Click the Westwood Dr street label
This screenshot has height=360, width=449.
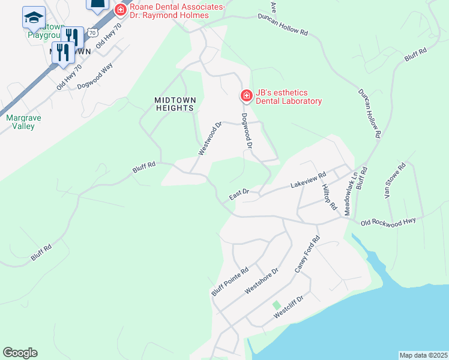[210, 138]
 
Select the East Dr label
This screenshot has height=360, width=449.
[238, 196]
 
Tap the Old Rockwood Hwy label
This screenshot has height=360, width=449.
[388, 222]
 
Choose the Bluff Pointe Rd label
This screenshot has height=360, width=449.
[229, 282]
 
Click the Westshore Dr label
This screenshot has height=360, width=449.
[262, 281]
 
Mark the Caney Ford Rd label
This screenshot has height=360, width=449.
[307, 254]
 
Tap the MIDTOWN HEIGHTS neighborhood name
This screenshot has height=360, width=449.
[174, 104]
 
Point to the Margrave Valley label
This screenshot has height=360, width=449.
[24, 122]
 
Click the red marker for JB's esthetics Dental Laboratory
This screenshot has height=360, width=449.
[246, 96]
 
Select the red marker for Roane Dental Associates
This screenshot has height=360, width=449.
[121, 10]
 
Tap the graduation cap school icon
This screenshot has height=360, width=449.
[34, 18]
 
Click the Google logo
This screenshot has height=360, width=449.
[20, 352]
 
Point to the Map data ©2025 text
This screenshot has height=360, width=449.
[423, 355]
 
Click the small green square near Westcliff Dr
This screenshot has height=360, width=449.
[276, 305]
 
